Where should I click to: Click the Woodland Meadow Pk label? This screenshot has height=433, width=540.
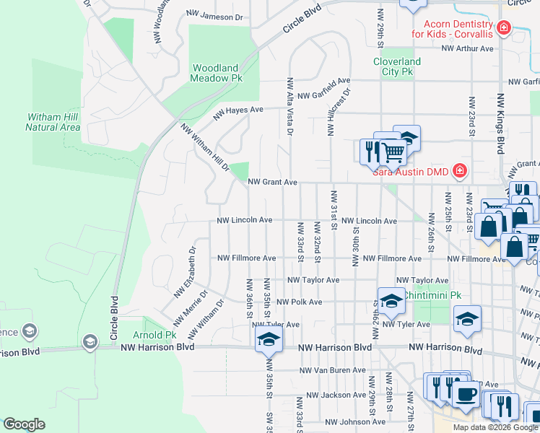[x=214, y=72]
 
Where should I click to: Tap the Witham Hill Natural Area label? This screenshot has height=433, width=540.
[x=52, y=122]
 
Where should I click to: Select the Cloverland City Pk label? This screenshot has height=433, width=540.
[x=396, y=66]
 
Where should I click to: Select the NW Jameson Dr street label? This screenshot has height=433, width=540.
[x=214, y=16]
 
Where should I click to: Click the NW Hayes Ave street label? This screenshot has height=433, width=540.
[x=238, y=113]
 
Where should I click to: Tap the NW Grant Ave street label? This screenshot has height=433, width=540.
[x=272, y=183]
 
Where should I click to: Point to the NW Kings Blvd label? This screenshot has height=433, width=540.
[x=500, y=123]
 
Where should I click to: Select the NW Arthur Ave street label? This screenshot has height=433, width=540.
[x=468, y=49]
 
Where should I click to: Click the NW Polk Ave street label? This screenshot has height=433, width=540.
[x=299, y=302]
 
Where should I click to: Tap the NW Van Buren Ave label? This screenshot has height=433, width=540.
[x=333, y=370]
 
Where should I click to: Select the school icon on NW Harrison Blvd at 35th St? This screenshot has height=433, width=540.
[x=268, y=340]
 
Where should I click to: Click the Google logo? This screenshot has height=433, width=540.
[x=25, y=424]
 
